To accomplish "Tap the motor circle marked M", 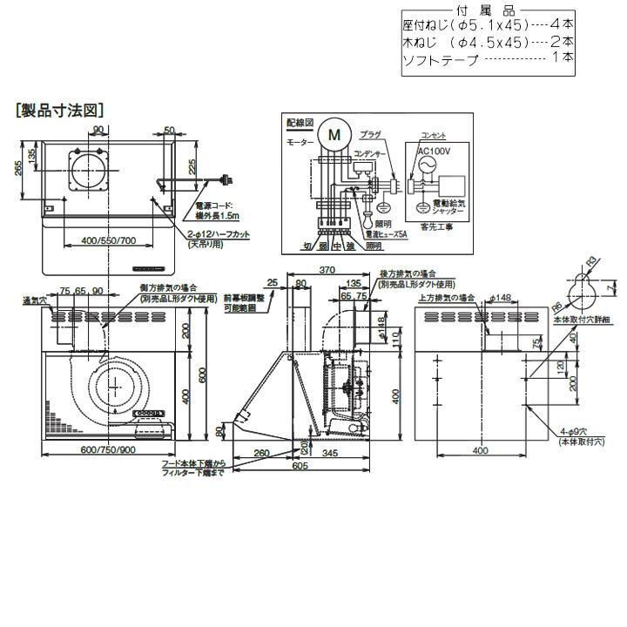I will click(x=334, y=135).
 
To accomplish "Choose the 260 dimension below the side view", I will click(x=260, y=453).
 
